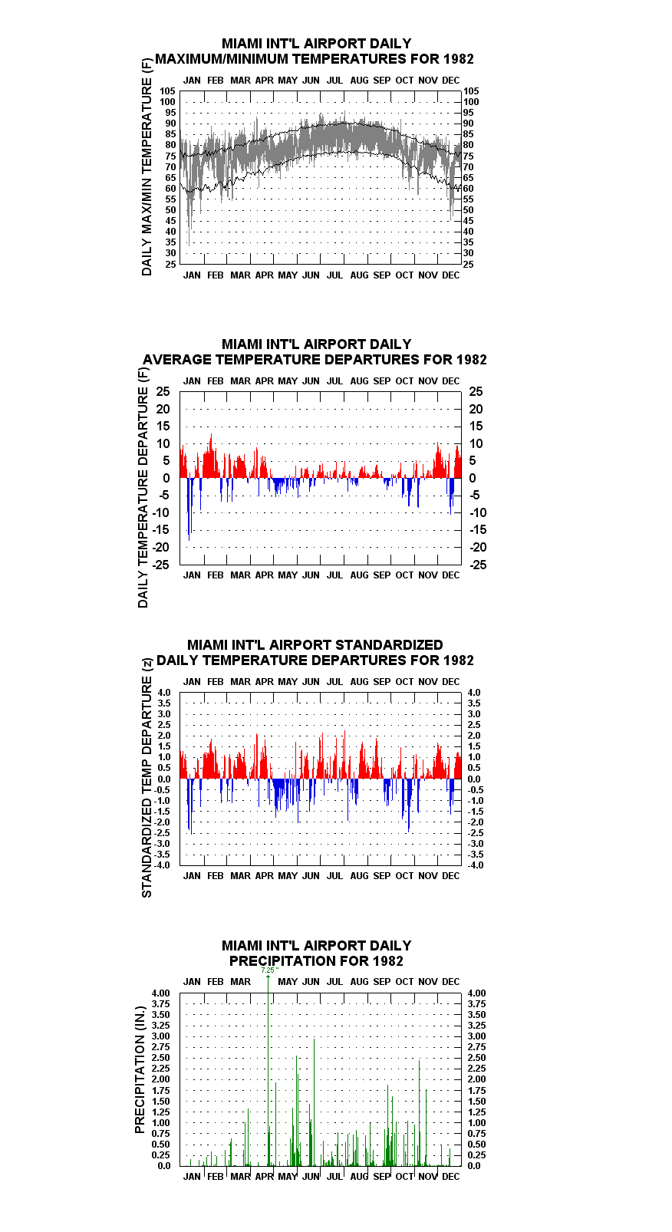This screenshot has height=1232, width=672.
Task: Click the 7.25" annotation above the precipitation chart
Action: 270,970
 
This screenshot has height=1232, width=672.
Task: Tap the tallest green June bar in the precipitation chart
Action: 314,1102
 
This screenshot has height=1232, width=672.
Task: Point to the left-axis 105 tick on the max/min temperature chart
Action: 167,91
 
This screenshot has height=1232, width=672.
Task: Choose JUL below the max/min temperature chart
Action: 334,275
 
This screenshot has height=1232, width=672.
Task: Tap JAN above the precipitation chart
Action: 192,982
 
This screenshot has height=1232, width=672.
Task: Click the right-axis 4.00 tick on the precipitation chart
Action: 477,993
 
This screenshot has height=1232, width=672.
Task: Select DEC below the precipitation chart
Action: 450,1177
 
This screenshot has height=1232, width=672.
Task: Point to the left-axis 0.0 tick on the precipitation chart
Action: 164,1166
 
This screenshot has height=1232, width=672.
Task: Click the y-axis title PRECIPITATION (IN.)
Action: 140,1070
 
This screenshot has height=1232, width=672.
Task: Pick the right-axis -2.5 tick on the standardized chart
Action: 476,832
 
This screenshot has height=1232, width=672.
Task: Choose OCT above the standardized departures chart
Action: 404,681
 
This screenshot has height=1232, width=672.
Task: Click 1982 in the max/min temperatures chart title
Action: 459,59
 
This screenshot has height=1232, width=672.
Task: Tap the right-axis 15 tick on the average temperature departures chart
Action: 476,427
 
